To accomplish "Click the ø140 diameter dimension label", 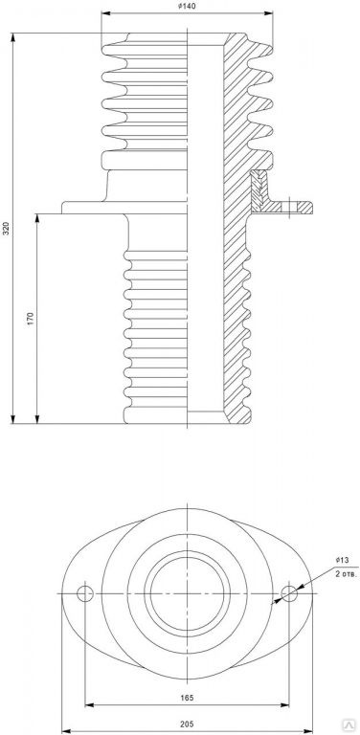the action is click(x=187, y=6).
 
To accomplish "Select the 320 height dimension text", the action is click(x=6, y=228).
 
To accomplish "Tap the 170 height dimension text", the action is click(x=31, y=319).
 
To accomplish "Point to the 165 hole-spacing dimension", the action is click(x=187, y=698).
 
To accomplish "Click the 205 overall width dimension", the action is click(x=187, y=724).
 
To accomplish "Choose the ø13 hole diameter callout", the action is click(x=343, y=560).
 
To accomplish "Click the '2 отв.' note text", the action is click(x=347, y=574).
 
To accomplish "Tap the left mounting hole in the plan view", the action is click(x=85, y=593).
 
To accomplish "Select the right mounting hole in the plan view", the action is click(x=289, y=593).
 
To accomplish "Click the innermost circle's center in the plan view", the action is click(x=187, y=593).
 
